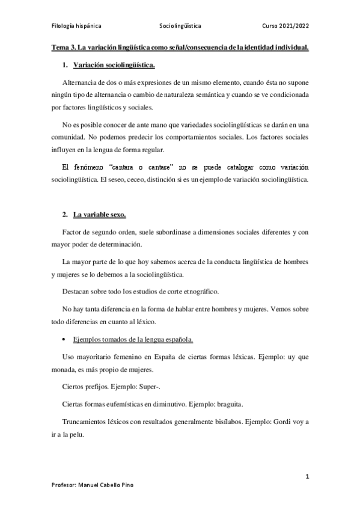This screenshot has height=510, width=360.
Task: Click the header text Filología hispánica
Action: point(76,27)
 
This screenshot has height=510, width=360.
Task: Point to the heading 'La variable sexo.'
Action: point(99,215)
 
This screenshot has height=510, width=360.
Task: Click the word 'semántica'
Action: point(241,94)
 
